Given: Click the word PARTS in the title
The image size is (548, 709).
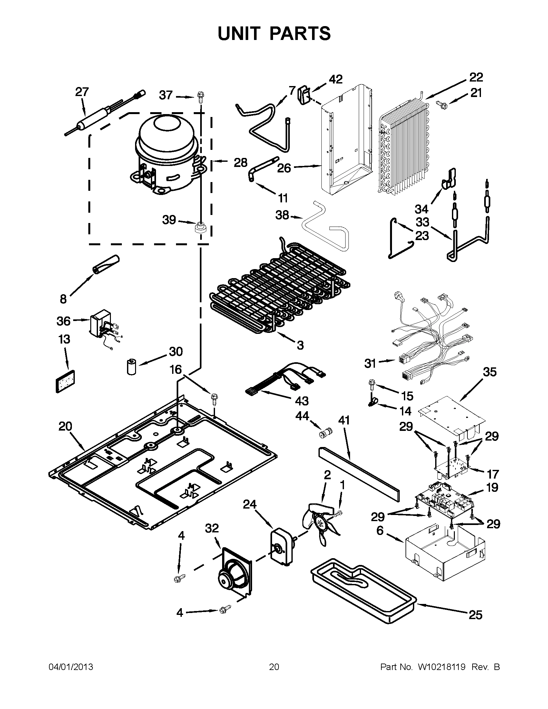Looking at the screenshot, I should point(300,34).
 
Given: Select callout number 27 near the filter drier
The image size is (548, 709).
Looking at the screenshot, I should point(82,92).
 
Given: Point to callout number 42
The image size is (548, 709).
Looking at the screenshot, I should point(335,79).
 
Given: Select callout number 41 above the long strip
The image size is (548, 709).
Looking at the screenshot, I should point(344,420).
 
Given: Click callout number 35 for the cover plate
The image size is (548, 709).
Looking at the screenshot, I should point(489,372).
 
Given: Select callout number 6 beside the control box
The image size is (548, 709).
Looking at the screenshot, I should point(380,530).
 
